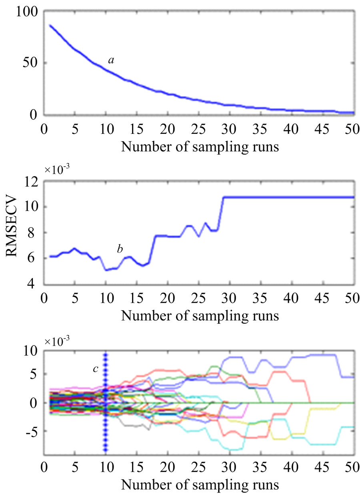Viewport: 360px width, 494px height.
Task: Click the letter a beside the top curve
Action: [x=112, y=61]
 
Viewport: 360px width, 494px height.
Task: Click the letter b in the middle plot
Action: [x=120, y=249]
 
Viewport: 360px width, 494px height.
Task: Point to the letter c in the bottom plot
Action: [x=95, y=369]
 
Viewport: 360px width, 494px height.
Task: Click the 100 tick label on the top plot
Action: [x=27, y=12]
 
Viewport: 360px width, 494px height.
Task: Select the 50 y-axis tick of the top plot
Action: [x=30, y=63]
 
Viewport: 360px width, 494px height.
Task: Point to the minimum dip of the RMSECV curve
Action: [x=106, y=270]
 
